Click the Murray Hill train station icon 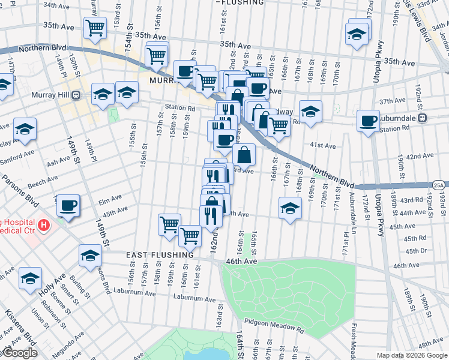click(76, 95)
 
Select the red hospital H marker click(43, 226)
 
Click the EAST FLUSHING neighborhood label click(160, 255)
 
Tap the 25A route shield click(440, 185)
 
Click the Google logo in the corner click(19, 353)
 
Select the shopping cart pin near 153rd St click(95, 28)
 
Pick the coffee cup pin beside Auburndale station click(367, 121)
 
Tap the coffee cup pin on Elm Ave click(68, 206)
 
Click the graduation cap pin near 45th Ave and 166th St click(290, 208)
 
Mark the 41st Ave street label click(322, 145)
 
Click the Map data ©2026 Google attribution click(412, 355)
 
